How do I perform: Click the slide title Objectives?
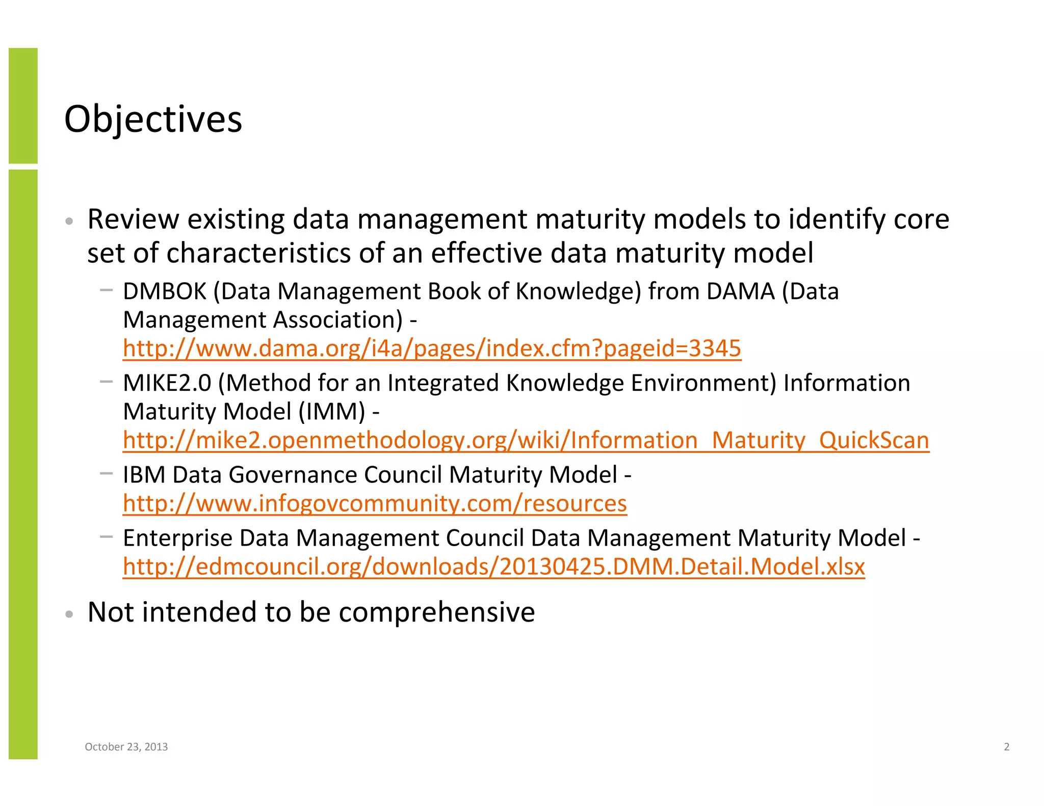pos(153,119)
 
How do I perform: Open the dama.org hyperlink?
pos(432,348)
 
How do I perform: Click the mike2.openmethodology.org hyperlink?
pos(526,440)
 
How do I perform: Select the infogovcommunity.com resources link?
pos(375,503)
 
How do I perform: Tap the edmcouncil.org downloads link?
pos(493,567)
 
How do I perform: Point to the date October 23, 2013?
pos(126,747)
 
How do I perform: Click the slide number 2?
pos(1006,747)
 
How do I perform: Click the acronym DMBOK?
pos(165,291)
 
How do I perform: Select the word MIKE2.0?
pos(167,383)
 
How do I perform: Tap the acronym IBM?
pos(144,475)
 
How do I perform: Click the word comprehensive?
pos(437,612)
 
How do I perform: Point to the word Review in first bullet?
pos(133,220)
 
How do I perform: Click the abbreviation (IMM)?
pos(332,412)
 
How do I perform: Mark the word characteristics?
pos(258,253)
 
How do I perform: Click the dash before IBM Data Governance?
pos(106,474)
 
